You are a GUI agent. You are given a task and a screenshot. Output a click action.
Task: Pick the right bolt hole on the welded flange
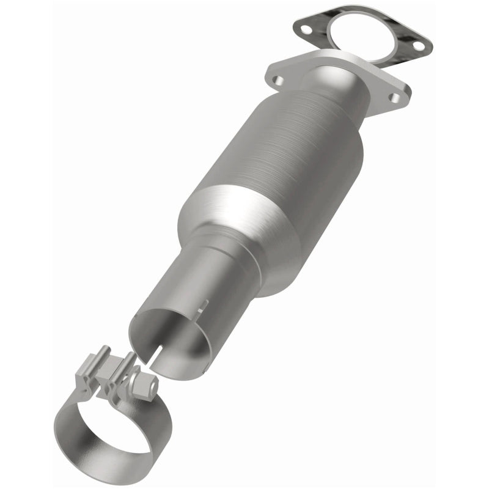click(x=397, y=98)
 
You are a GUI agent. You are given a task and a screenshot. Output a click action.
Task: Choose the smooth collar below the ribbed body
click(x=244, y=226)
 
